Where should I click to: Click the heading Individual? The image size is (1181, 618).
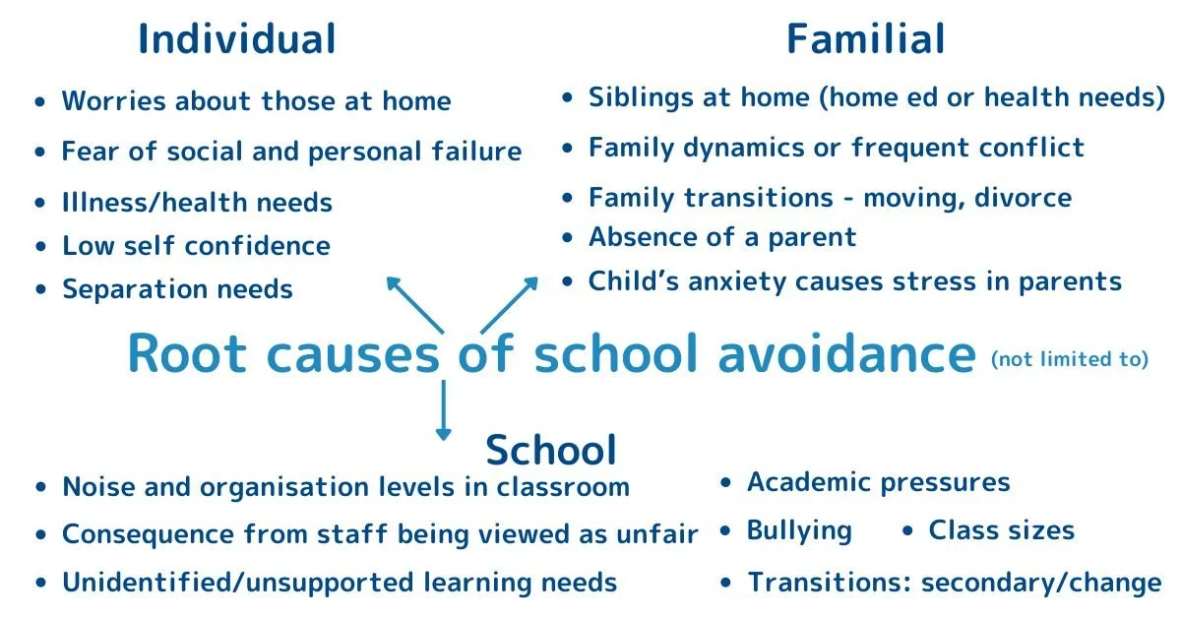click(236, 39)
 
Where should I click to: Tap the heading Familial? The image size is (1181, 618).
click(865, 39)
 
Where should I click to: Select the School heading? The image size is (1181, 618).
click(551, 450)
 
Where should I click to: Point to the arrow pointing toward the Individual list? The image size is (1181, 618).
click(413, 304)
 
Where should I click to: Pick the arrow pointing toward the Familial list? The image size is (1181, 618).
click(510, 304)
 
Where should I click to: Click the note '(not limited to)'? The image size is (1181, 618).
click(1070, 359)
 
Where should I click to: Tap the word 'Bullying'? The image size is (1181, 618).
click(799, 531)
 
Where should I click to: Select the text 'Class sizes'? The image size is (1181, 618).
click(1001, 531)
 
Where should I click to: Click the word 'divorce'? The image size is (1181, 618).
click(1024, 197)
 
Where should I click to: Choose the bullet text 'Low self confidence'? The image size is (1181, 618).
click(196, 245)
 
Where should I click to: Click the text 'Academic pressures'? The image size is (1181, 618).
click(878, 482)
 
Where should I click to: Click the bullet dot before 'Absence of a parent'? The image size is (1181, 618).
click(567, 238)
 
